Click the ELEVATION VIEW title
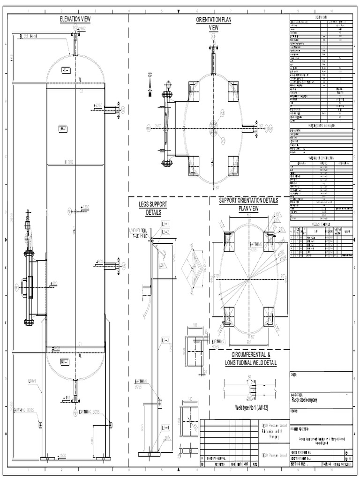tap(75, 19)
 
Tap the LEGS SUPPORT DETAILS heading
tap(153, 208)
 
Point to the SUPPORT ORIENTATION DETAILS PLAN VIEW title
tap(249, 204)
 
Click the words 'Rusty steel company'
tap(304, 400)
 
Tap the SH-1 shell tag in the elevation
tap(63, 129)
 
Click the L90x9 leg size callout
tap(32, 381)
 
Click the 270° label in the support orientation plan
tap(216, 276)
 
